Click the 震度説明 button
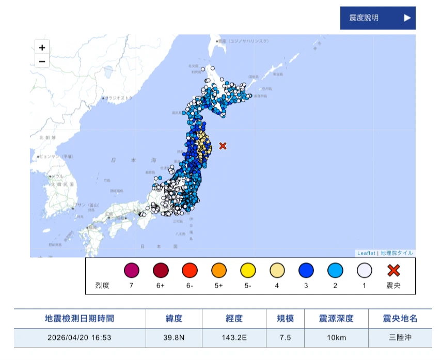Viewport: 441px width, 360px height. (x=377, y=18)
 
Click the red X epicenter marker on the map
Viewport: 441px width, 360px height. (x=223, y=146)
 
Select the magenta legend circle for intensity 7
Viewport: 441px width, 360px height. (x=132, y=271)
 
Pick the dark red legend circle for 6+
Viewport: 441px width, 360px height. (x=161, y=271)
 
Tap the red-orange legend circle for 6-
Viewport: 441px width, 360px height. (x=190, y=271)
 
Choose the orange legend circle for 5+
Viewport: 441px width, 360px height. (x=219, y=271)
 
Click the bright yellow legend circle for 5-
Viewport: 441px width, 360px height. (x=248, y=271)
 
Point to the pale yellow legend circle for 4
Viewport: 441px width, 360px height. (x=277, y=271)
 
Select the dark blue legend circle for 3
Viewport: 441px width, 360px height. (x=306, y=271)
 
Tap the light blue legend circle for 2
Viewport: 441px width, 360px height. (x=336, y=271)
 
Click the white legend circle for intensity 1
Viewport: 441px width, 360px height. (x=365, y=271)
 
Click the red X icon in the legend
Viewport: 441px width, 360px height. (x=394, y=270)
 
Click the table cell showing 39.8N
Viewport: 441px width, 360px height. (x=174, y=338)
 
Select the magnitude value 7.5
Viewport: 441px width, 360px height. (x=285, y=338)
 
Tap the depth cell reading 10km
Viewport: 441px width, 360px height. (x=336, y=338)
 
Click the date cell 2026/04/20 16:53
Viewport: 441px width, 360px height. (x=80, y=338)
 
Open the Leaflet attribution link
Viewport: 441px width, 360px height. (x=366, y=253)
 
